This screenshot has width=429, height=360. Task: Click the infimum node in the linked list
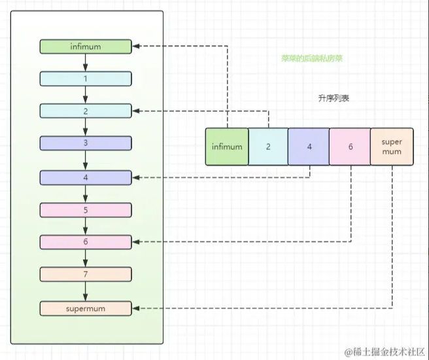[86, 46]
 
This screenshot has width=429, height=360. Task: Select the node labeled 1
[86, 79]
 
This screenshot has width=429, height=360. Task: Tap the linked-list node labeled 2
[86, 111]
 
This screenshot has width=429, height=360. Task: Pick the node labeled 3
[86, 143]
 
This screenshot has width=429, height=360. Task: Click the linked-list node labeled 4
[86, 177]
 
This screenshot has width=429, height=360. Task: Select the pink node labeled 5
[86, 210]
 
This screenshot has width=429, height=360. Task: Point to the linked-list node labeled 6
[86, 242]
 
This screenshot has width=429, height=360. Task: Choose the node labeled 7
[86, 274]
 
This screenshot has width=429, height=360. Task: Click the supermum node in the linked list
[86, 308]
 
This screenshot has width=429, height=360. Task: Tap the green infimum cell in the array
[227, 147]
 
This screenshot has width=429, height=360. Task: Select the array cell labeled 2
[268, 147]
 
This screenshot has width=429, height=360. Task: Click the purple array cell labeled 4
[309, 147]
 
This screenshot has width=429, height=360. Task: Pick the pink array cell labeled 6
[351, 147]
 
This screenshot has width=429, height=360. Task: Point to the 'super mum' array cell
[392, 147]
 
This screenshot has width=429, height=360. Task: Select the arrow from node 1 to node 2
[86, 95]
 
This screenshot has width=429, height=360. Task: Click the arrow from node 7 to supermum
[86, 291]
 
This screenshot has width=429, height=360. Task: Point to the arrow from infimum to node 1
[86, 62]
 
